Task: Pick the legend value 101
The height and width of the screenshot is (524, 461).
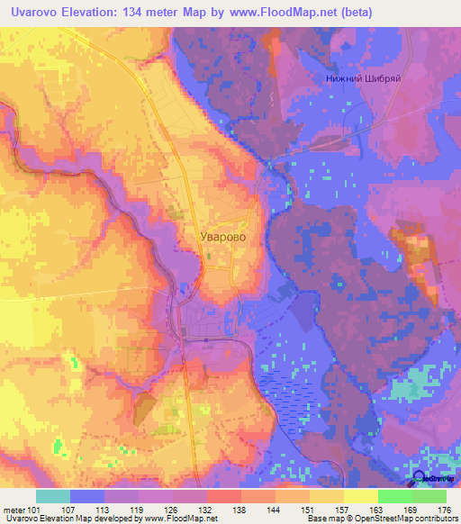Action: click(34, 509)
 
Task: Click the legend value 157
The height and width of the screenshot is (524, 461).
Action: click(342, 509)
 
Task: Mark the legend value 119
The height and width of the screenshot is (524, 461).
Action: click(136, 509)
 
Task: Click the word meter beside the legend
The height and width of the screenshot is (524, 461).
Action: click(12, 509)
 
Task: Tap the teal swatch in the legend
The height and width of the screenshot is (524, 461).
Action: click(53, 496)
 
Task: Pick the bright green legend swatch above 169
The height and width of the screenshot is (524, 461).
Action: click(394, 496)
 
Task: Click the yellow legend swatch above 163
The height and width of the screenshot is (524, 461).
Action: click(360, 496)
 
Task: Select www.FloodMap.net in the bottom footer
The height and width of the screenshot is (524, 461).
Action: click(179, 519)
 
